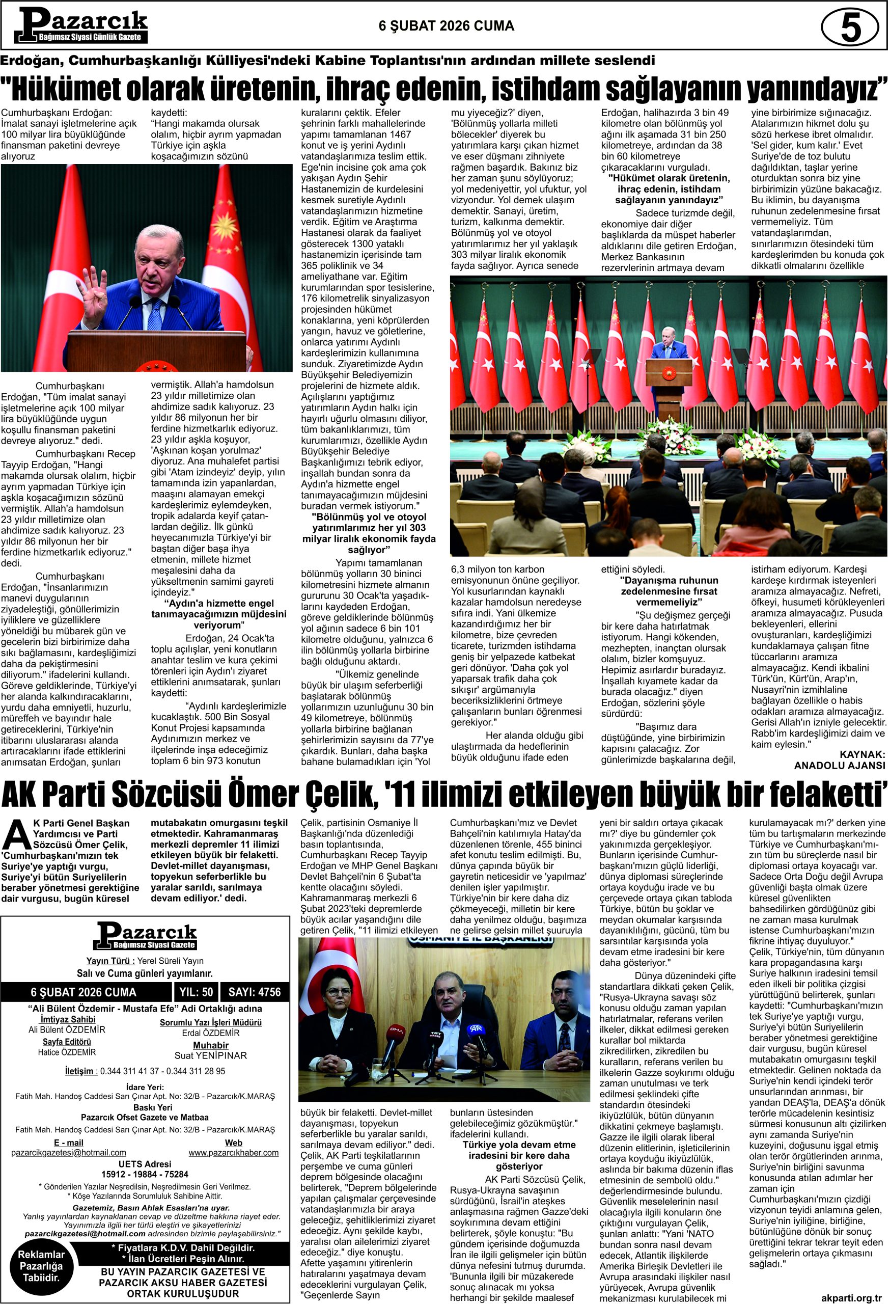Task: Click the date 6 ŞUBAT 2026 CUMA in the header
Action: coord(447,26)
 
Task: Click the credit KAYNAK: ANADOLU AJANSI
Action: coord(839,759)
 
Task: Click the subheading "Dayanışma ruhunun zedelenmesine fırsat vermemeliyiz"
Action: coord(669,591)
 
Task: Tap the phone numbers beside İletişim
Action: coord(162,1071)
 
